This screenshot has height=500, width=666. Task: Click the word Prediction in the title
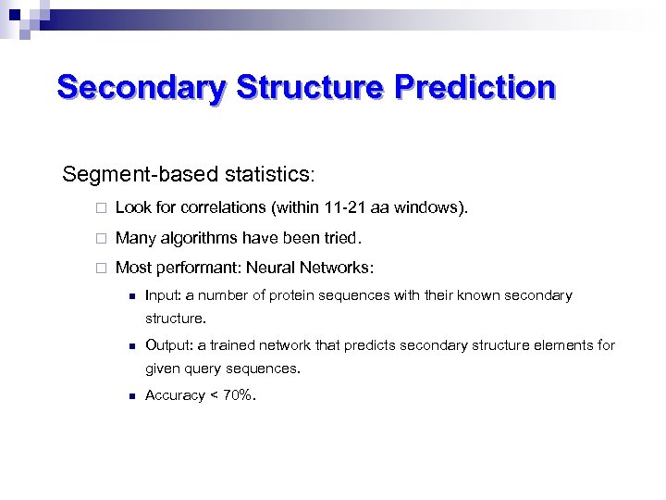pyautogui.click(x=475, y=88)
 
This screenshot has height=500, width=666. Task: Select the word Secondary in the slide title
pyautogui.click(x=142, y=88)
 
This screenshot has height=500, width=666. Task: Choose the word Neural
pyautogui.click(x=271, y=269)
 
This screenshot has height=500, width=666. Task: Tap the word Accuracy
pyautogui.click(x=175, y=395)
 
